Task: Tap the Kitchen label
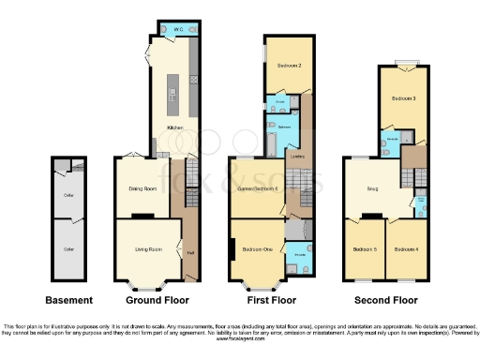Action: pos(174,127)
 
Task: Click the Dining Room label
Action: pos(141,188)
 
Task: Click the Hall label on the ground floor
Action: pos(190,252)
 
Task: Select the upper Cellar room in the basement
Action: pos(67,195)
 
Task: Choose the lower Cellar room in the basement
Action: pos(67,249)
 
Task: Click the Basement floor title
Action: pos(69,301)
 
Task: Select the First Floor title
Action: pos(273,301)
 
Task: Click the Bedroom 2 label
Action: pos(289,66)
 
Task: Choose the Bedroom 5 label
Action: pos(364,249)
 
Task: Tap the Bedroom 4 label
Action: pos(406,249)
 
